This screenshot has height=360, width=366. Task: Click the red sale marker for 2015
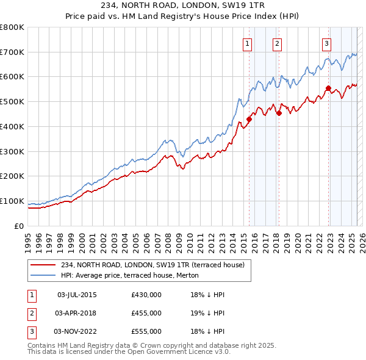tap(249, 119)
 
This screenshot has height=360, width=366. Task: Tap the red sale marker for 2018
tap(279, 113)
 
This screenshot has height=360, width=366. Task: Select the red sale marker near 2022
tap(328, 88)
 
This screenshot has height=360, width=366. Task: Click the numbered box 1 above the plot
tap(247, 43)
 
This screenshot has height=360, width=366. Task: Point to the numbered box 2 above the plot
tap(277, 43)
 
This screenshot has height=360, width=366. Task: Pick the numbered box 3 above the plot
tap(326, 43)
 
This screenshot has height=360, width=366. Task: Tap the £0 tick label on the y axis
tap(20, 226)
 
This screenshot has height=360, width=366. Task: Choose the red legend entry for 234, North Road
tap(152, 265)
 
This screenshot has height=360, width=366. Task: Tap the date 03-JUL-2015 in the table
tap(77, 295)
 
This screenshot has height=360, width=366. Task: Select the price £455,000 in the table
tap(146, 313)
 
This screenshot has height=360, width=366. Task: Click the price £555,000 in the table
tap(146, 331)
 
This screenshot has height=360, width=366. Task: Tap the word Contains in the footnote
tap(42, 345)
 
